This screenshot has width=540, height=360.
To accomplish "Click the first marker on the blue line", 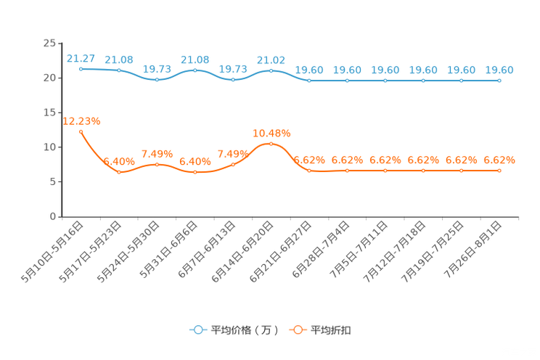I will point(81,69).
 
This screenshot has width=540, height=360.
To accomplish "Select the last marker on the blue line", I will point(499,80).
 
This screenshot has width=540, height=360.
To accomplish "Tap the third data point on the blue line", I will point(157,78).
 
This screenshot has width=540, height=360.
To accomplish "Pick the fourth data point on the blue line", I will point(195,70).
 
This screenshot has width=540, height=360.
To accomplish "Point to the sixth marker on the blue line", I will point(271,70).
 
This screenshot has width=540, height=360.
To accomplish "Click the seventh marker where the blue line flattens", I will point(309,80).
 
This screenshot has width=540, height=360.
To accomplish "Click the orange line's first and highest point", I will point(81,131).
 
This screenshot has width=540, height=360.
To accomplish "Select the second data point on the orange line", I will point(119,172).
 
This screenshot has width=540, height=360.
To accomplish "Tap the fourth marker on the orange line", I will point(195,172).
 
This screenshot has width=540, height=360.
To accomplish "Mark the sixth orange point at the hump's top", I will point(271,144).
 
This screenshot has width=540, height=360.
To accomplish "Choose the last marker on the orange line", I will point(499,170).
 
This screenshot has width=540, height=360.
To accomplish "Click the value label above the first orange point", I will point(81,120).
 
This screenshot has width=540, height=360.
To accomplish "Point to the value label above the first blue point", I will point(81,58).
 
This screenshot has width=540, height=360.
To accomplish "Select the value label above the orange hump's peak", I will point(271,133).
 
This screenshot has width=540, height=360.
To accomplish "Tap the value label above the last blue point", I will point(499,70).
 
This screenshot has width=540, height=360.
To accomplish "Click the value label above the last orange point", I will point(499,159).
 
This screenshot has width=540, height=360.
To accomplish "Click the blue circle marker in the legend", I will point(197,330).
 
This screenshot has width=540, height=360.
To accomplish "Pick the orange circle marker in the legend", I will point(297,330).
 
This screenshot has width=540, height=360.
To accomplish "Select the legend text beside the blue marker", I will point(244,330).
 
